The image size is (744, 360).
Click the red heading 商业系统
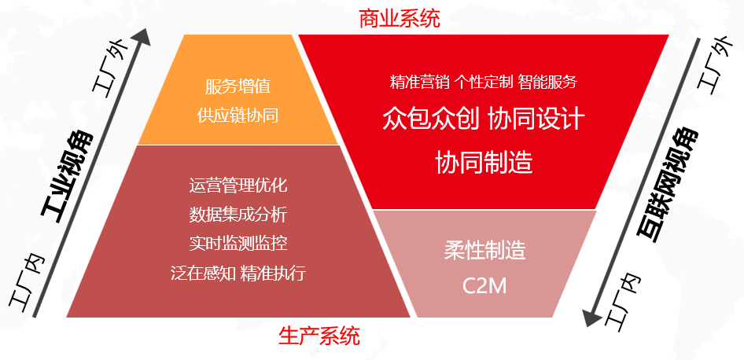coord(400,19)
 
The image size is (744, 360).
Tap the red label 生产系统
coord(319,336)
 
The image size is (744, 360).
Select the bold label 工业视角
coord(67,178)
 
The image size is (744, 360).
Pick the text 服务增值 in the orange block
coord(238,86)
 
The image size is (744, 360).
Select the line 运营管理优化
coord(238,185)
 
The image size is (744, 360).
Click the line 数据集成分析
coord(238,215)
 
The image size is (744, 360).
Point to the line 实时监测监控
coord(238,244)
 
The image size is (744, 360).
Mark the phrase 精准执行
coord(273,274)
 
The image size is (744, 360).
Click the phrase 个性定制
coord(484,82)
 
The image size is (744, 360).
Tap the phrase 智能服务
coord(547,82)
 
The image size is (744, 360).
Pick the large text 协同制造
coord(484,162)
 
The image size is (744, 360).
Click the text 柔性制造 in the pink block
coord(485,250)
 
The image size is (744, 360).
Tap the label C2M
coord(484,285)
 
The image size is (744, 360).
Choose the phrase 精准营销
coord(419,82)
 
